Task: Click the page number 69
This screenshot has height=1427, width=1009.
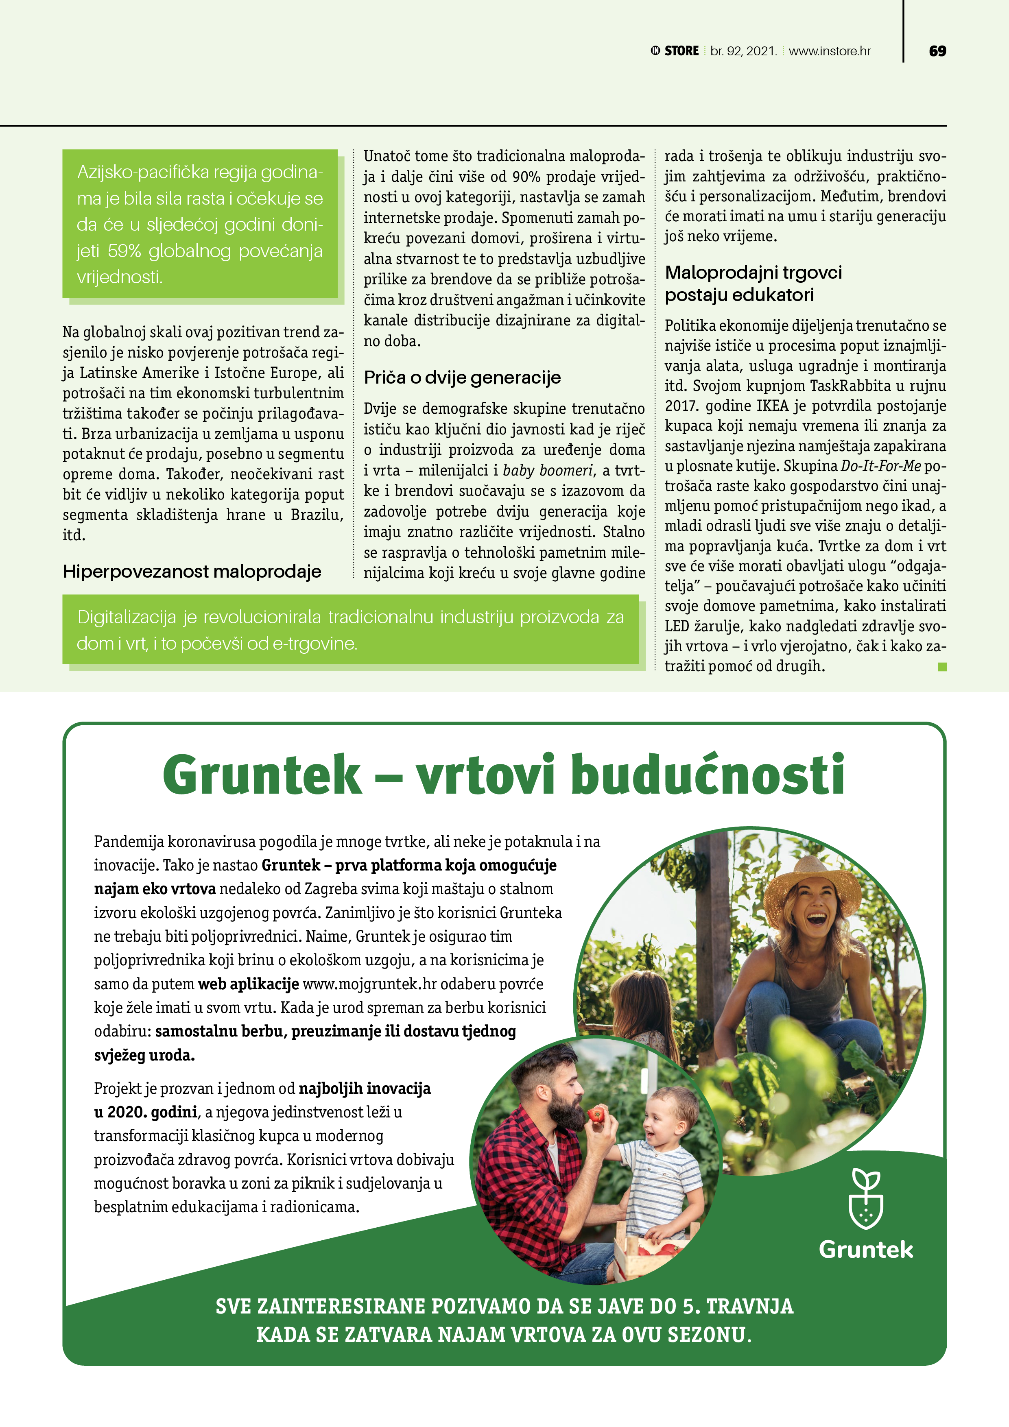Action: pos(937,51)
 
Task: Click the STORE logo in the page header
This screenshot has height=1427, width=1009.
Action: pos(675,51)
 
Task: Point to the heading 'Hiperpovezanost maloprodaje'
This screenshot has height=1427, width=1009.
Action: pos(192,571)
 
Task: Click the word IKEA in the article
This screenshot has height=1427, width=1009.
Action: pos(772,406)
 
